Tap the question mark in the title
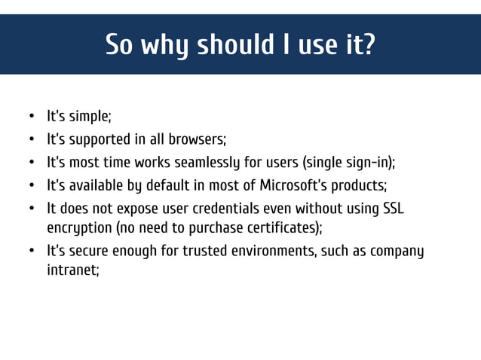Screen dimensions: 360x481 point(368,44)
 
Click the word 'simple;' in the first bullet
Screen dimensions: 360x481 point(90,117)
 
